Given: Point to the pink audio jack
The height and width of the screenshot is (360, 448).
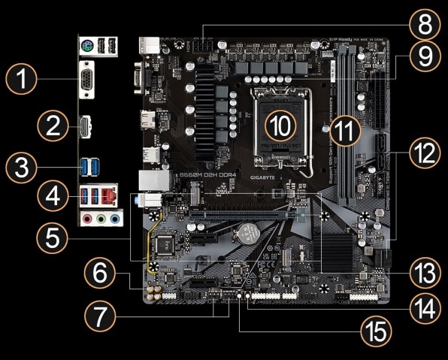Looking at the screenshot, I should (88, 219).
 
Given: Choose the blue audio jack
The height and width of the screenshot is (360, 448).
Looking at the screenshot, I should (114, 219).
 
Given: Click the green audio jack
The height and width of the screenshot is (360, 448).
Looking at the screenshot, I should (101, 219).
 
